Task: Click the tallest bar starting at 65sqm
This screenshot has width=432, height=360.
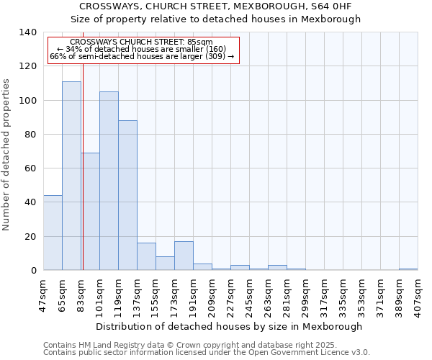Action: (71, 176)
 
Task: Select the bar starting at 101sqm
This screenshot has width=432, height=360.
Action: (109, 181)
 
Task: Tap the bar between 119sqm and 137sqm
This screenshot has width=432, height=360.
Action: (127, 195)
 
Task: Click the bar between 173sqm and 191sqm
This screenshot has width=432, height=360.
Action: (184, 256)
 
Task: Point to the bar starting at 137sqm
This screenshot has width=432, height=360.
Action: (146, 256)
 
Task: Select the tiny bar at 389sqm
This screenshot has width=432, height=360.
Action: (408, 269)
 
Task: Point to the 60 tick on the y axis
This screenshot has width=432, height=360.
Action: (30, 168)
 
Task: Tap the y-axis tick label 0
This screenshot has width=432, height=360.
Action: (33, 271)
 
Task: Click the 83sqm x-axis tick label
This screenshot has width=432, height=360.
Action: (81, 294)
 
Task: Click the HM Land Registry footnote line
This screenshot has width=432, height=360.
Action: (205, 345)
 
